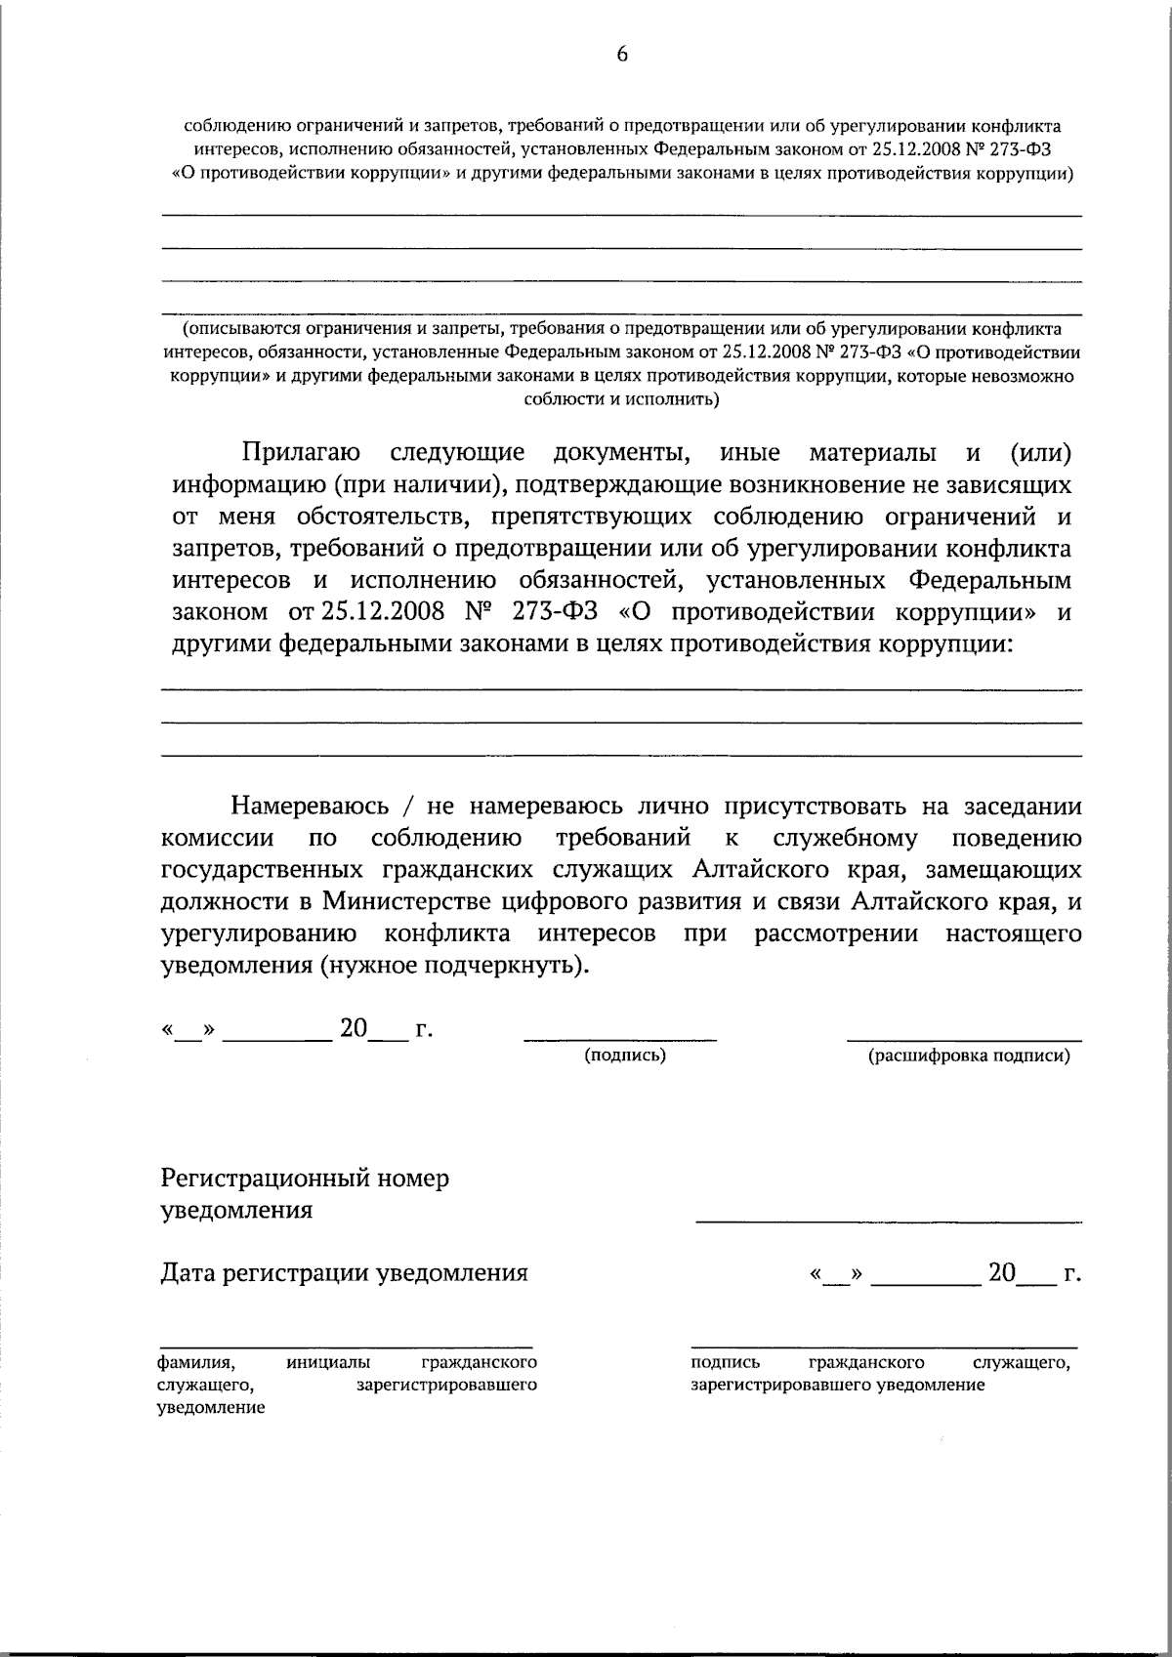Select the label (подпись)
coord(625,1056)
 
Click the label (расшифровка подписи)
coord(969,1056)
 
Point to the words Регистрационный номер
coord(305,1179)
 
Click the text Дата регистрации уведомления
coord(344,1273)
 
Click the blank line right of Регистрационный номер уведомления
coord(889,1220)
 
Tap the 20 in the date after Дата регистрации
coord(1002,1273)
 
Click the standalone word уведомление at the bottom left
coord(210,1408)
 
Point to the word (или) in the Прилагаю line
coord(1038,453)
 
